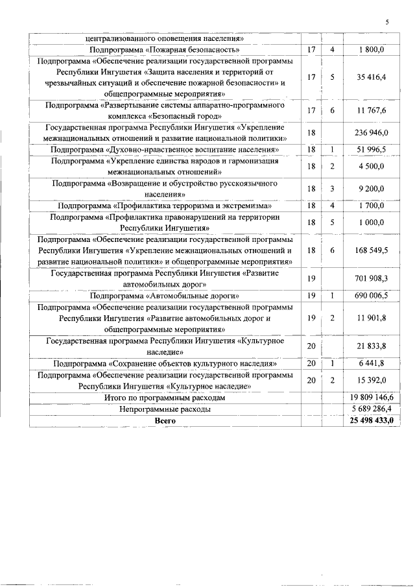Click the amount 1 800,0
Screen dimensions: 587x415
[x=372, y=49]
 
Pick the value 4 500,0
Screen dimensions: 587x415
[x=372, y=166]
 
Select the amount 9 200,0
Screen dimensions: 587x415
[x=372, y=188]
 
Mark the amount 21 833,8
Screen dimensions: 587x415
[x=372, y=346]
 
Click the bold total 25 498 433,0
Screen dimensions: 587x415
[x=372, y=421]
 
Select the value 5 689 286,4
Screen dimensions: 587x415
[x=372, y=409]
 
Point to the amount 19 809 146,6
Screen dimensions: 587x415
[x=372, y=398]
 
